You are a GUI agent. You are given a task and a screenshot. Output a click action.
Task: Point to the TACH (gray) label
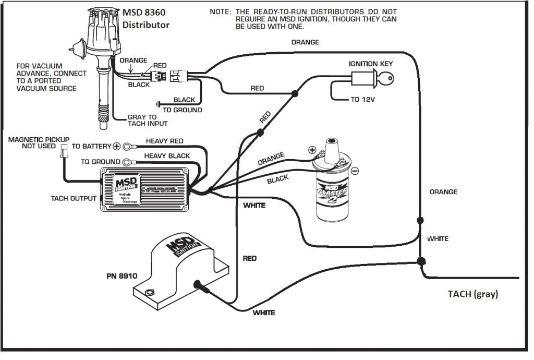(472, 294)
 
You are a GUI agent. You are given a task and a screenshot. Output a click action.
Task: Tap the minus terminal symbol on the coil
(355, 171)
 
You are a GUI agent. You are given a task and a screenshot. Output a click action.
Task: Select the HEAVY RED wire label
(164, 141)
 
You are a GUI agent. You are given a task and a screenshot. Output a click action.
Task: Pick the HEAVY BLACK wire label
(167, 156)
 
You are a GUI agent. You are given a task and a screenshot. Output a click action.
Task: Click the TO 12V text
(362, 100)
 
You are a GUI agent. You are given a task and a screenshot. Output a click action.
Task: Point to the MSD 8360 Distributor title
(146, 19)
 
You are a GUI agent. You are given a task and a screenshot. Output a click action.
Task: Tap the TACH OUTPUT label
(73, 198)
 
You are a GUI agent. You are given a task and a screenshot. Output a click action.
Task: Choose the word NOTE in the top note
(221, 11)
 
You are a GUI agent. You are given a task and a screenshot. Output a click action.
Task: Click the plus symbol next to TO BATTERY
(117, 147)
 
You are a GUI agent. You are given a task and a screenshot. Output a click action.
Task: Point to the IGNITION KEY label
(371, 64)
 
